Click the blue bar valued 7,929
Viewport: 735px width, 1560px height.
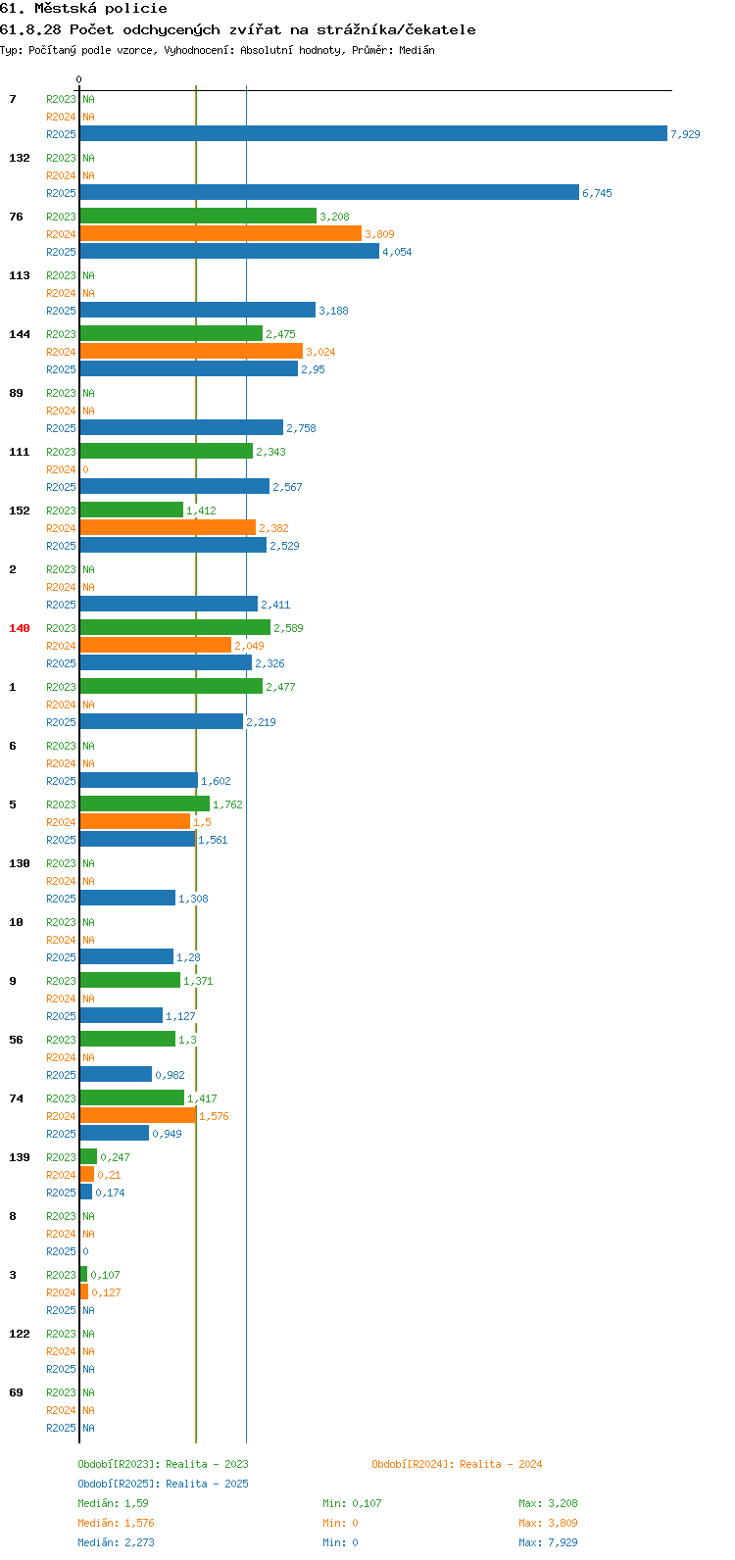pyautogui.click(x=373, y=133)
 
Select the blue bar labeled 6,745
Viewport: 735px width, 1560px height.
pyautogui.click(x=329, y=192)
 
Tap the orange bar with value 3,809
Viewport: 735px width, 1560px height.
pyautogui.click(x=220, y=233)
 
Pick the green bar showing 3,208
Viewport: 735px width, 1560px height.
pyautogui.click(x=199, y=216)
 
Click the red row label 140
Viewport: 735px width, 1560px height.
pyautogui.click(x=20, y=628)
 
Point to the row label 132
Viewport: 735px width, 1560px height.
pyautogui.click(x=20, y=158)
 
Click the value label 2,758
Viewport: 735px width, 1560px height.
pyautogui.click(x=301, y=428)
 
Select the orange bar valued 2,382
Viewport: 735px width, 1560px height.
pyautogui.click(x=168, y=527)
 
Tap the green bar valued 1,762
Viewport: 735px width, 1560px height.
pyautogui.click(x=145, y=804)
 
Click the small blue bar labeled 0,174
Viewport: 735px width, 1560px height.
pyautogui.click(x=85, y=1192)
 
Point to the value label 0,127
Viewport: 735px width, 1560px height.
pyautogui.click(x=106, y=1292)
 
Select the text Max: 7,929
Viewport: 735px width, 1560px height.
pyautogui.click(x=548, y=1542)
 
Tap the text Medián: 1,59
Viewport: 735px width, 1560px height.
pyautogui.click(x=113, y=1503)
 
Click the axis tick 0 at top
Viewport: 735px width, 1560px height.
pyautogui.click(x=78, y=79)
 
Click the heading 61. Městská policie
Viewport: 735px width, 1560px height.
pyautogui.click(x=83, y=9)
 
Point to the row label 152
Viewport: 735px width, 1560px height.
pyautogui.click(x=20, y=511)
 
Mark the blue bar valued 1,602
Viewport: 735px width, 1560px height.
pyautogui.click(x=139, y=780)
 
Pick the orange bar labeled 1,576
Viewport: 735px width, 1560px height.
pyautogui.click(x=138, y=1115)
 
